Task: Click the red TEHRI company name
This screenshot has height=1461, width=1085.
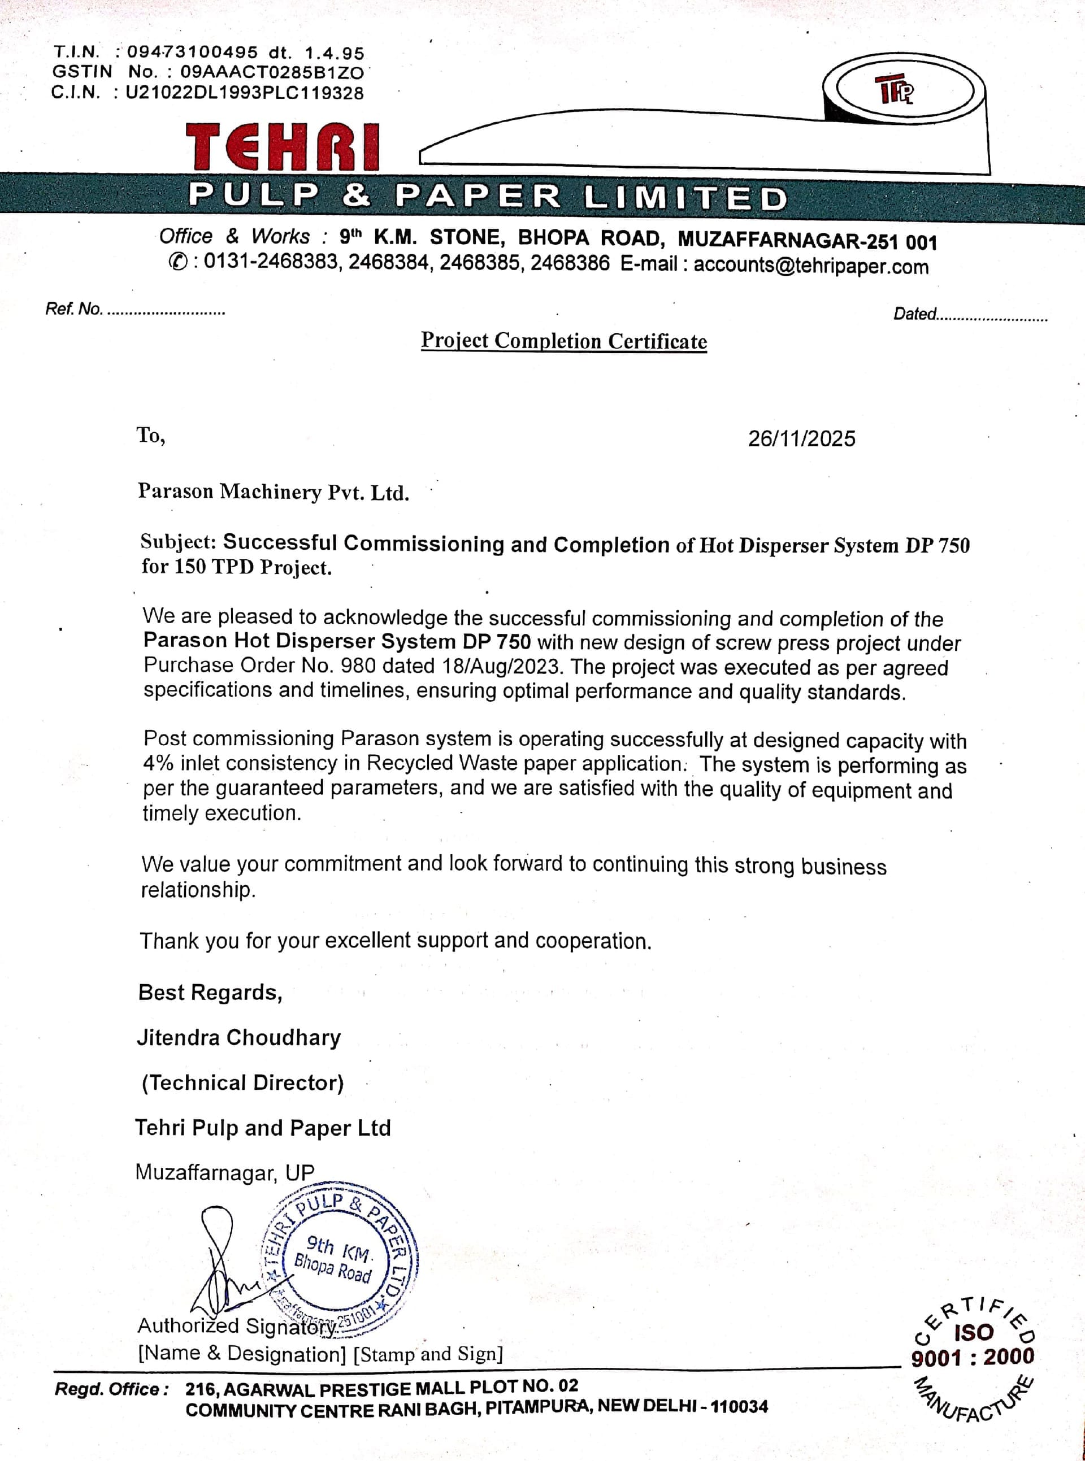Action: coord(283,147)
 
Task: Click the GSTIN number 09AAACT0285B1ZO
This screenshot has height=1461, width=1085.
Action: coord(271,72)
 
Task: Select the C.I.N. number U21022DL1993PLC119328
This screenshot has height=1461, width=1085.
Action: coord(244,93)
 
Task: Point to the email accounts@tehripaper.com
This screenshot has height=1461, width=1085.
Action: coord(811,266)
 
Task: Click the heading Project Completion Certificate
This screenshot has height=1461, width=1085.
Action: coord(563,341)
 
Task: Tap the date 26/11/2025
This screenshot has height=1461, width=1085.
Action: coord(801,438)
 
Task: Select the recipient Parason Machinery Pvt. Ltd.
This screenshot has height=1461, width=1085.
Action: coord(273,492)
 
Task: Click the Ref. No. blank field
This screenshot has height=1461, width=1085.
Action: coord(166,310)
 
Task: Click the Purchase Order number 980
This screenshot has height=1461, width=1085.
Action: coord(358,666)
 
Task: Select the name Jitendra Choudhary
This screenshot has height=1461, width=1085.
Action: coord(239,1037)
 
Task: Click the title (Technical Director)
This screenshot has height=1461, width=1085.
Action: coord(242,1083)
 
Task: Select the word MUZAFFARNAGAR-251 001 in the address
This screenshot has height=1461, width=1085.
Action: coord(806,241)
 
